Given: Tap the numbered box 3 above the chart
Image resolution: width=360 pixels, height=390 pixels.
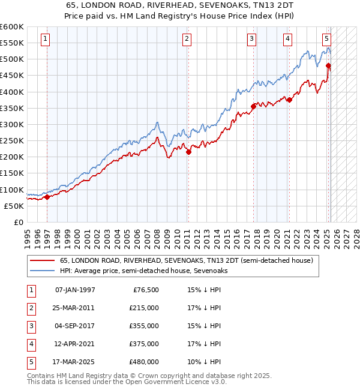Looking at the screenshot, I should pyautogui.click(x=251, y=40).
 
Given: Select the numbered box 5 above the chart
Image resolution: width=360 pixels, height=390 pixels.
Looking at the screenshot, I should pyautogui.click(x=326, y=40).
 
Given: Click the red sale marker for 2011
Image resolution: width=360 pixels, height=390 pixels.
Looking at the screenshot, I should pyautogui.click(x=188, y=152).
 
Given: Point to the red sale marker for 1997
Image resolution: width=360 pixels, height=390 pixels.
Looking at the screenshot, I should pyautogui.click(x=47, y=197).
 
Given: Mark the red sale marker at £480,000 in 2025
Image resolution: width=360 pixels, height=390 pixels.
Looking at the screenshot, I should pyautogui.click(x=328, y=66).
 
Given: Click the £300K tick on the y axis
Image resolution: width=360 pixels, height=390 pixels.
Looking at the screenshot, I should pyautogui.click(x=12, y=124).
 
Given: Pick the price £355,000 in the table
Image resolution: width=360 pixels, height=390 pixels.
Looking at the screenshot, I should pyautogui.click(x=144, y=326).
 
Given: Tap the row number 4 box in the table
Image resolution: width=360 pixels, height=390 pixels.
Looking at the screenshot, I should pyautogui.click(x=30, y=344).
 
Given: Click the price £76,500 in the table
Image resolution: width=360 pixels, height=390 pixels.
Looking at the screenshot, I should pyautogui.click(x=146, y=290).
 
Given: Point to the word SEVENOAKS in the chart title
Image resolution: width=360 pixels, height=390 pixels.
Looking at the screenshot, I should pyautogui.click(x=203, y=6).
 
